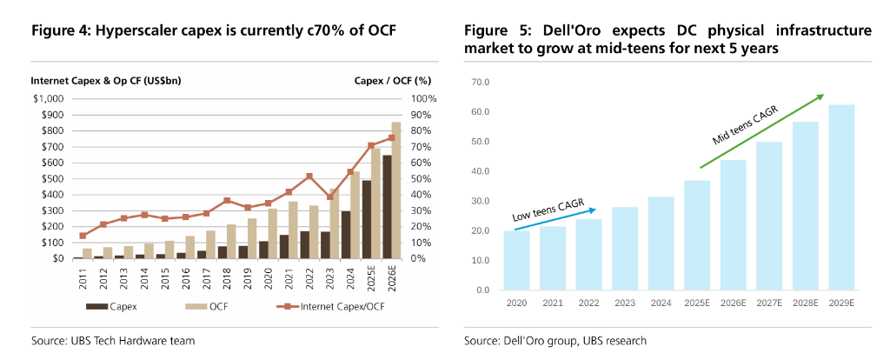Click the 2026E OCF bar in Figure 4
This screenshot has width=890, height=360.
coord(396,191)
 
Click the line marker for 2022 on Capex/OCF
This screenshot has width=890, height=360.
coord(309,177)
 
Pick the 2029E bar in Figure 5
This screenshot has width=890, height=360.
coord(841,197)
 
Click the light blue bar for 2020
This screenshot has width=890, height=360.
coord(516,260)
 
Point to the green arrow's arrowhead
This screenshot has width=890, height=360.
coord(820,96)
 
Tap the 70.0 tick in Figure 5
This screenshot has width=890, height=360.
coord(480,83)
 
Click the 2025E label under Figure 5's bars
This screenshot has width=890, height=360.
coord(697,303)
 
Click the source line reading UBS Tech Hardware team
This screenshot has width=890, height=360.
coord(113,340)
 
